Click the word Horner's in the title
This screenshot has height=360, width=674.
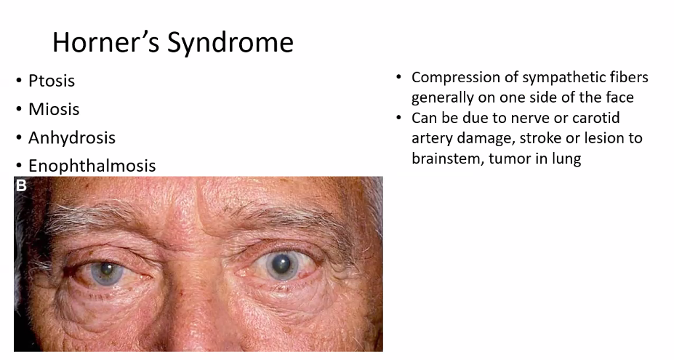(105, 42)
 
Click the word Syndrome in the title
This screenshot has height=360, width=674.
(230, 44)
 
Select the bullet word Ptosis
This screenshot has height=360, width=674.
(52, 81)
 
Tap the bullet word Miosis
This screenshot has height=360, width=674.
(54, 109)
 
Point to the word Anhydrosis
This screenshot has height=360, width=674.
(72, 138)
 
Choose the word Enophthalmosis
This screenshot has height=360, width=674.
(92, 166)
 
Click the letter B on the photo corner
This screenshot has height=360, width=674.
(21, 185)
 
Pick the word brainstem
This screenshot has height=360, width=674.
(447, 159)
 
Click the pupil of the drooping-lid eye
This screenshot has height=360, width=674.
(105, 270)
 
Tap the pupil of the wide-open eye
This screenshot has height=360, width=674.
(283, 262)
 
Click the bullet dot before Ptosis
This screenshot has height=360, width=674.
(18, 81)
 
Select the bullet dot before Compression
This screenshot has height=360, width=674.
(398, 78)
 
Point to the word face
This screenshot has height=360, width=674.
(619, 97)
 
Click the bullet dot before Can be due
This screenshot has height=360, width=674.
(398, 118)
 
